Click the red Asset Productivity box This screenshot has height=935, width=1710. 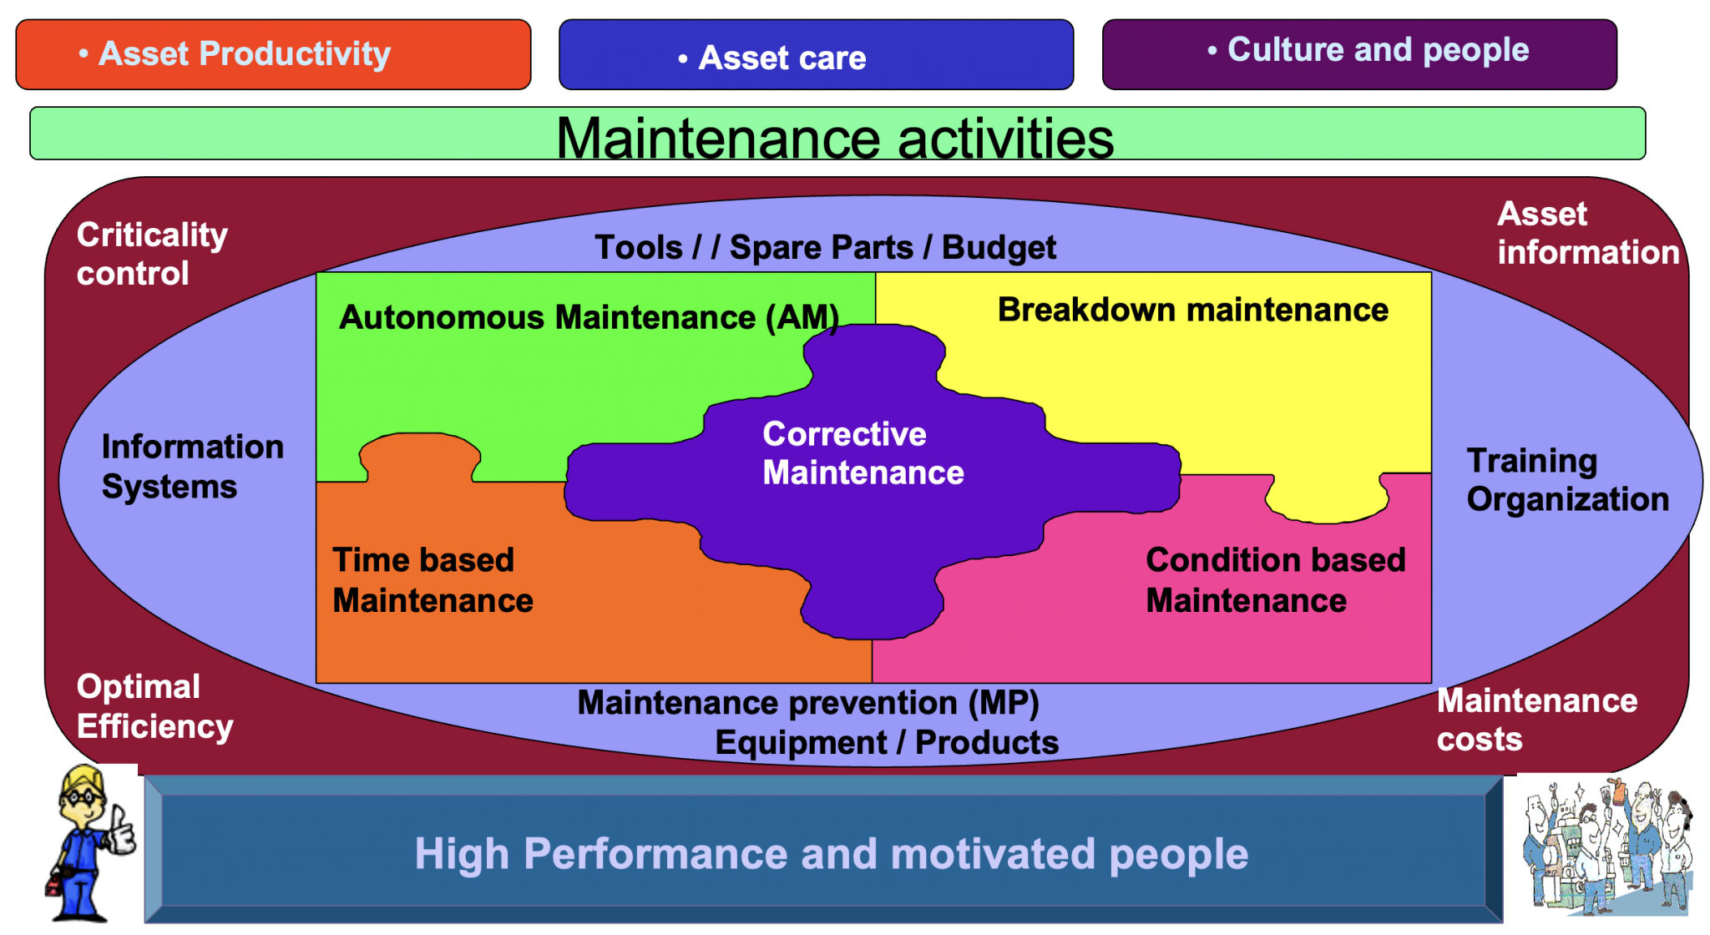click(273, 54)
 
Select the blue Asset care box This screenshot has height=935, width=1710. click(816, 57)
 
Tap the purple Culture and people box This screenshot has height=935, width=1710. click(1358, 53)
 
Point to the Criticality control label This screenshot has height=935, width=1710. click(152, 254)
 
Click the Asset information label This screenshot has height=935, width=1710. click(1586, 233)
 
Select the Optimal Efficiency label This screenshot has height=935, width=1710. click(154, 706)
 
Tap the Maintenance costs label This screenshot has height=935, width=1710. click(1536, 720)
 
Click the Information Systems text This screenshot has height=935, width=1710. click(192, 467)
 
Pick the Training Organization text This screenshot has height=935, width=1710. click(1567, 480)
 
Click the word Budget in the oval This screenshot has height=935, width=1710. click(999, 248)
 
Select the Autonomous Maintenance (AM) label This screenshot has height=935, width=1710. click(589, 317)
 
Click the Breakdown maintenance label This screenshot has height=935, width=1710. click(1192, 310)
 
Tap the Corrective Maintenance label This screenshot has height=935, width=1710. click(863, 453)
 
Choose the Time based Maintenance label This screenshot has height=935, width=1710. click(433, 580)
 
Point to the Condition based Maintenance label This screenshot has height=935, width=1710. click(1275, 580)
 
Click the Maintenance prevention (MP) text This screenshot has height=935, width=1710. click(807, 703)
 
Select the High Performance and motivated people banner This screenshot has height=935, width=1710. click(831, 853)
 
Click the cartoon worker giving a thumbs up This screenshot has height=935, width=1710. click(88, 843)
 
